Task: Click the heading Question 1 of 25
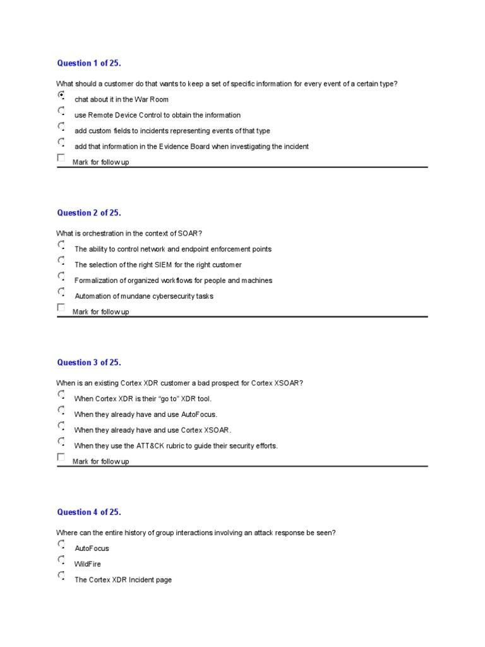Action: (88, 63)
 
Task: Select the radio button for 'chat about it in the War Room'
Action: (61, 95)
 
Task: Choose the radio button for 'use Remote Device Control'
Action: (61, 111)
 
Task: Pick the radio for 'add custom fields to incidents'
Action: (61, 127)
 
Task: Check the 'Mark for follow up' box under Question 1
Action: (61, 158)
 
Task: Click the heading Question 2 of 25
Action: (88, 213)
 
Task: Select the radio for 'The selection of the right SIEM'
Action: (61, 261)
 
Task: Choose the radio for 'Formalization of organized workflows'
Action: (61, 277)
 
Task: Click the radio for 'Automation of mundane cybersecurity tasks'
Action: (61, 293)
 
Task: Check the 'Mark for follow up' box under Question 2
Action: (61, 308)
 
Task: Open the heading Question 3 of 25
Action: (88, 363)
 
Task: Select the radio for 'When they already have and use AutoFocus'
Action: (61, 411)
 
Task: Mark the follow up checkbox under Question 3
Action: (61, 457)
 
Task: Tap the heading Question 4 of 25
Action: (88, 512)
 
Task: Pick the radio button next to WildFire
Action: (61, 560)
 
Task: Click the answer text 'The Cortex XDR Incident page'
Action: (123, 580)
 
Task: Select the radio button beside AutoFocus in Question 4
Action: (61, 545)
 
